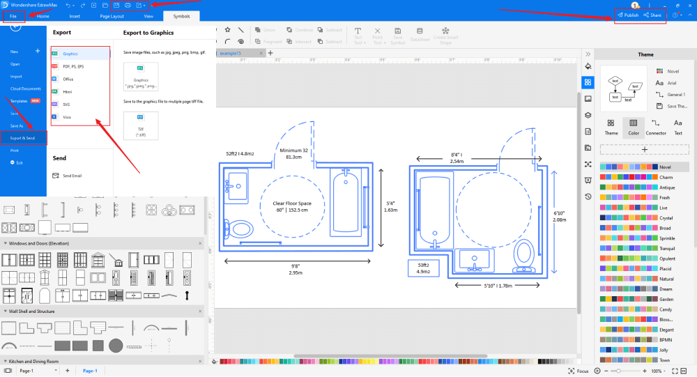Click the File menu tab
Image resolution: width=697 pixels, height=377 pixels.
[x=14, y=15]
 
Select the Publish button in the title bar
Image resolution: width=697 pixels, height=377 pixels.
[x=629, y=15]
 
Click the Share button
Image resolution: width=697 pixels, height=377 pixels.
[x=653, y=15]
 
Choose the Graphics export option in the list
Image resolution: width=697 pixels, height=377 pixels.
[x=70, y=53]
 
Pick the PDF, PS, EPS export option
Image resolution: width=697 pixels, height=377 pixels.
[x=73, y=66]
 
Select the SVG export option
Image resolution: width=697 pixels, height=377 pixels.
[x=68, y=104]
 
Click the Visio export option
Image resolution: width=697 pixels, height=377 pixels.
[x=68, y=117]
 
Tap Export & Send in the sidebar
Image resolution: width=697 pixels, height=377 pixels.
[x=23, y=138]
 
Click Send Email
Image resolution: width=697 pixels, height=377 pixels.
[x=72, y=176]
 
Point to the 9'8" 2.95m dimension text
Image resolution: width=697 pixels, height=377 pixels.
[x=295, y=269]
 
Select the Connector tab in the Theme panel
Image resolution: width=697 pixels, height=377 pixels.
[x=656, y=127]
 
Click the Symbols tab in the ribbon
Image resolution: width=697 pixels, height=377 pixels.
[x=181, y=15]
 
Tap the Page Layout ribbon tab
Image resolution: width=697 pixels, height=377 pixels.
[x=112, y=15]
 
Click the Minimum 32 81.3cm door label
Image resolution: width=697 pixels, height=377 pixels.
[x=293, y=153]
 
